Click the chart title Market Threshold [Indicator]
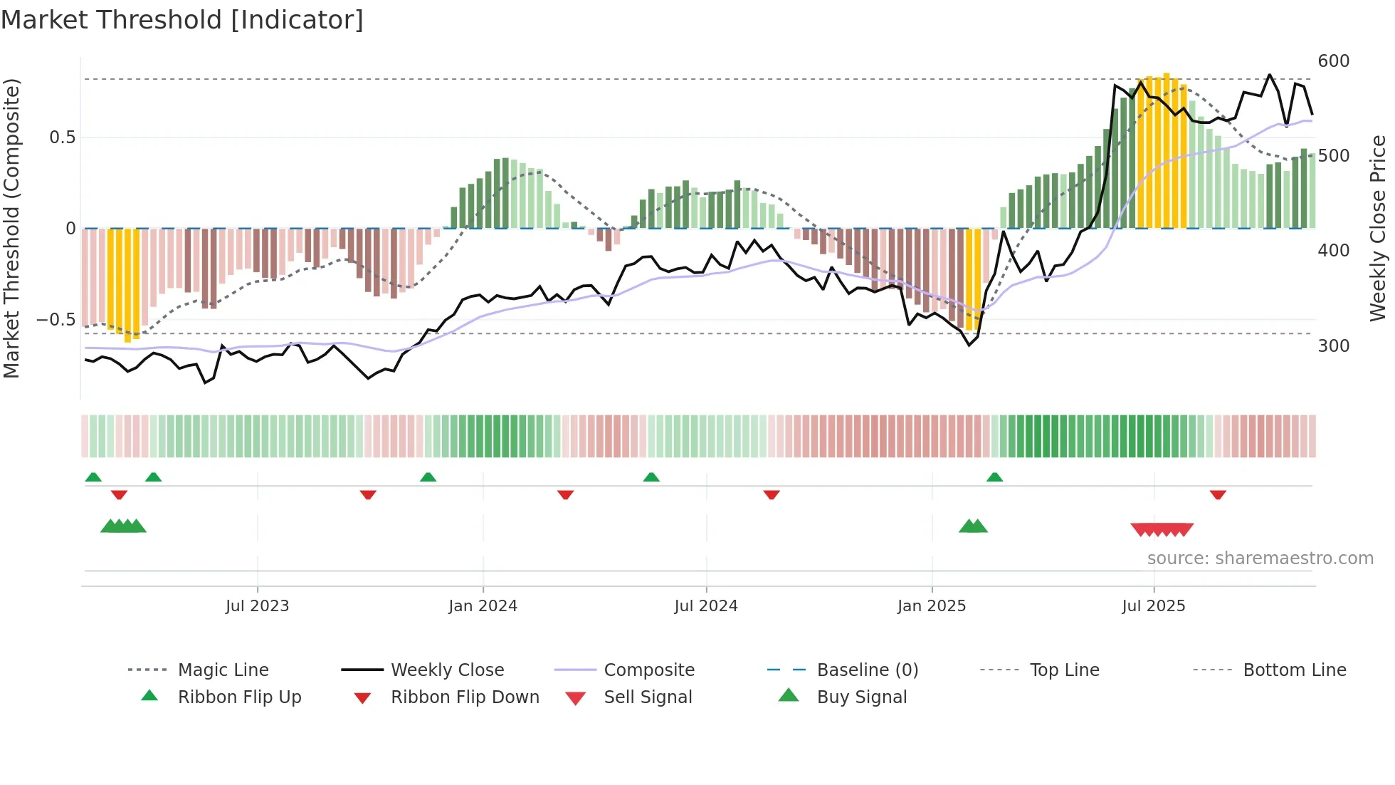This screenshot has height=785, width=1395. (x=182, y=20)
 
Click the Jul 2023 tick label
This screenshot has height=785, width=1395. (x=257, y=606)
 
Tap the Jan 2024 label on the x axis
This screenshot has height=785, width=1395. (x=483, y=606)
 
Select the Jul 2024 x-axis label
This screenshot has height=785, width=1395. (x=705, y=606)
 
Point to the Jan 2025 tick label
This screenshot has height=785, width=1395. (x=931, y=606)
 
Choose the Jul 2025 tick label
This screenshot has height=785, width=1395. (x=1153, y=606)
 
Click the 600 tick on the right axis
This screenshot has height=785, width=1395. (x=1333, y=61)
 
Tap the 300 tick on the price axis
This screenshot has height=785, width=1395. (x=1333, y=346)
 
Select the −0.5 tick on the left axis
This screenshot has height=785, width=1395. (x=56, y=320)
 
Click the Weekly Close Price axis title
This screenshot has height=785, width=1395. (x=1378, y=228)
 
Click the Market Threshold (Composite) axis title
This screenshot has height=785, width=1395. (x=11, y=228)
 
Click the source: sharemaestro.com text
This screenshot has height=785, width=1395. (x=1260, y=558)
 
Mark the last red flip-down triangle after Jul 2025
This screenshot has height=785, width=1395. (x=1218, y=494)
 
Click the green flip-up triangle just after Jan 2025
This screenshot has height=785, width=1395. (x=994, y=477)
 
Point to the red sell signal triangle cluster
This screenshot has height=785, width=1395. (x=1162, y=529)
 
